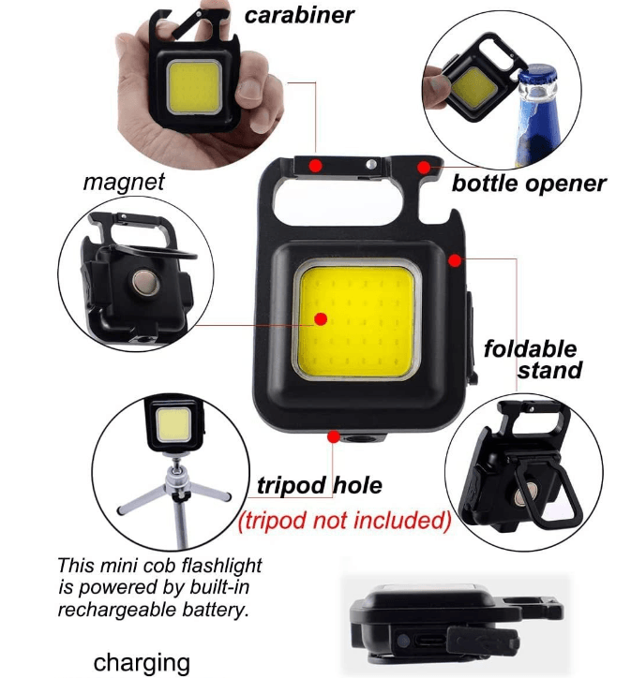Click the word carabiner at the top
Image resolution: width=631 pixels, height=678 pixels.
pos(299,16)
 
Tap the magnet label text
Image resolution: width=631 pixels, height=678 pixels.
pos(123,181)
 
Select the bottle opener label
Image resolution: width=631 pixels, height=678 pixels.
pos(529,183)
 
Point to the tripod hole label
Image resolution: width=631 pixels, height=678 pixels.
pos(320,485)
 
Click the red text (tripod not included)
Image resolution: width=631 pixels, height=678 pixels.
pos(344,519)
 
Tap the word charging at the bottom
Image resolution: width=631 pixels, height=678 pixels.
pos(142,662)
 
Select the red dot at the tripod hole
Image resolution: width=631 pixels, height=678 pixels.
pos(334,435)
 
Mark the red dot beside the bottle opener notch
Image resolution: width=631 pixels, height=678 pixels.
pos(425,167)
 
